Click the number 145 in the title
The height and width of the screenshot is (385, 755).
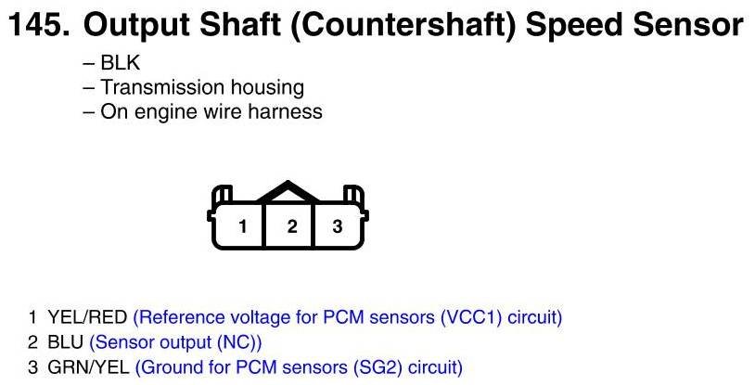point(40,25)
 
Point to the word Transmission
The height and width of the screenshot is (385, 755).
point(161,87)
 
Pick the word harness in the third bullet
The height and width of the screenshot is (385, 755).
point(286,112)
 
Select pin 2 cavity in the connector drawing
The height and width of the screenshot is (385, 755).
point(288,225)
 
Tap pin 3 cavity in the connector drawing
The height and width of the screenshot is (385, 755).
point(338,225)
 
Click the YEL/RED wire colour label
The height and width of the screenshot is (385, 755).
point(87,317)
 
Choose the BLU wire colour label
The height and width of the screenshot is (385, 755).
point(66,342)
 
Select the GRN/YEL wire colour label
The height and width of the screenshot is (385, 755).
point(89,367)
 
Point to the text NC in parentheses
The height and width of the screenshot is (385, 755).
point(237,342)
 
